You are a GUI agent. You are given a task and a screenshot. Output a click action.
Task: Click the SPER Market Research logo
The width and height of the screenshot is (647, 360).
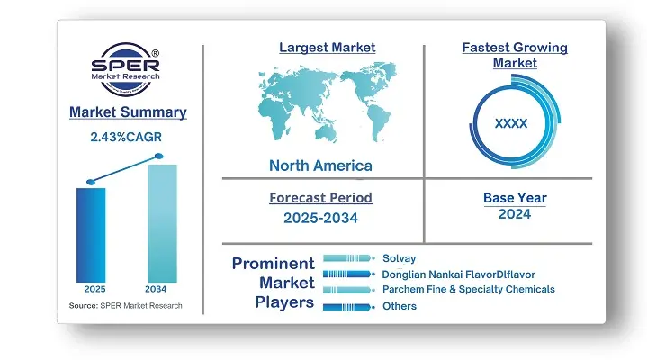point(125,69)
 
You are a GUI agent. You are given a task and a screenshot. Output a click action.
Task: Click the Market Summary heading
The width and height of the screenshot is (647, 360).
point(128,112)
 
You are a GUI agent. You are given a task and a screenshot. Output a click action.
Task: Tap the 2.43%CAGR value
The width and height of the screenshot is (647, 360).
point(126,137)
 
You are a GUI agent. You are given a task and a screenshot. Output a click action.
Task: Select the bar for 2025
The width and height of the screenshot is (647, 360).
point(91,235)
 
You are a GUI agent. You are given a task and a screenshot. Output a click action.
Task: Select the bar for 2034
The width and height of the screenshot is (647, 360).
point(162,223)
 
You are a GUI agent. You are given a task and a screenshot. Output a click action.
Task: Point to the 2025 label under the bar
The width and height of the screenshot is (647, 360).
point(94,289)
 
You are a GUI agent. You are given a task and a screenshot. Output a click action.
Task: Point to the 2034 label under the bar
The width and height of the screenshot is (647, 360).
point(156,289)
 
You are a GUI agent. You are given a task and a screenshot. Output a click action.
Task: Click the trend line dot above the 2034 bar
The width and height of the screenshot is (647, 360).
point(159,156)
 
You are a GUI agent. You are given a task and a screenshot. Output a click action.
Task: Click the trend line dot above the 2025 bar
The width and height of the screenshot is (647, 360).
point(91,182)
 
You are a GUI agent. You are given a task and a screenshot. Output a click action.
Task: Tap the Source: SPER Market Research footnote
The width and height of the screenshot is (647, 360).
point(125,305)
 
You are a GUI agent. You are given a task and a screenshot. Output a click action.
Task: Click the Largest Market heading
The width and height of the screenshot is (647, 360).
point(328,48)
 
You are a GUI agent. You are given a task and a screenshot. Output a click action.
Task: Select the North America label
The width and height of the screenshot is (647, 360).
point(320,166)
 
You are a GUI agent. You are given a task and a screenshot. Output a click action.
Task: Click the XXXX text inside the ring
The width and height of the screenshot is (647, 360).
point(511,123)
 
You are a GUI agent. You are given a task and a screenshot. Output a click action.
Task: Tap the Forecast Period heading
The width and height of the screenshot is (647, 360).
point(320,198)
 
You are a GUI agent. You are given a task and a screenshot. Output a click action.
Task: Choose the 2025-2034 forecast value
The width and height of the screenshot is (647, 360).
point(320,218)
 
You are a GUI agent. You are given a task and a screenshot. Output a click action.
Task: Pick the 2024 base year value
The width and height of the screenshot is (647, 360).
point(515,214)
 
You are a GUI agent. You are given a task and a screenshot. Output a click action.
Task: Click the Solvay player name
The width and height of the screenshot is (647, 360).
point(399,258)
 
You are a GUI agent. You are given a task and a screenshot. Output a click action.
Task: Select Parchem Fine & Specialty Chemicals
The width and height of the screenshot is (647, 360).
point(469,289)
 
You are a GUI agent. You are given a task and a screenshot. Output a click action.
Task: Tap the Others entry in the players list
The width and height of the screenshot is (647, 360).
point(400,306)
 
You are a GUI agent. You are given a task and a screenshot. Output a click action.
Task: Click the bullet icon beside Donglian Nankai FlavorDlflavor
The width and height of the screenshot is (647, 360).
point(348,274)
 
